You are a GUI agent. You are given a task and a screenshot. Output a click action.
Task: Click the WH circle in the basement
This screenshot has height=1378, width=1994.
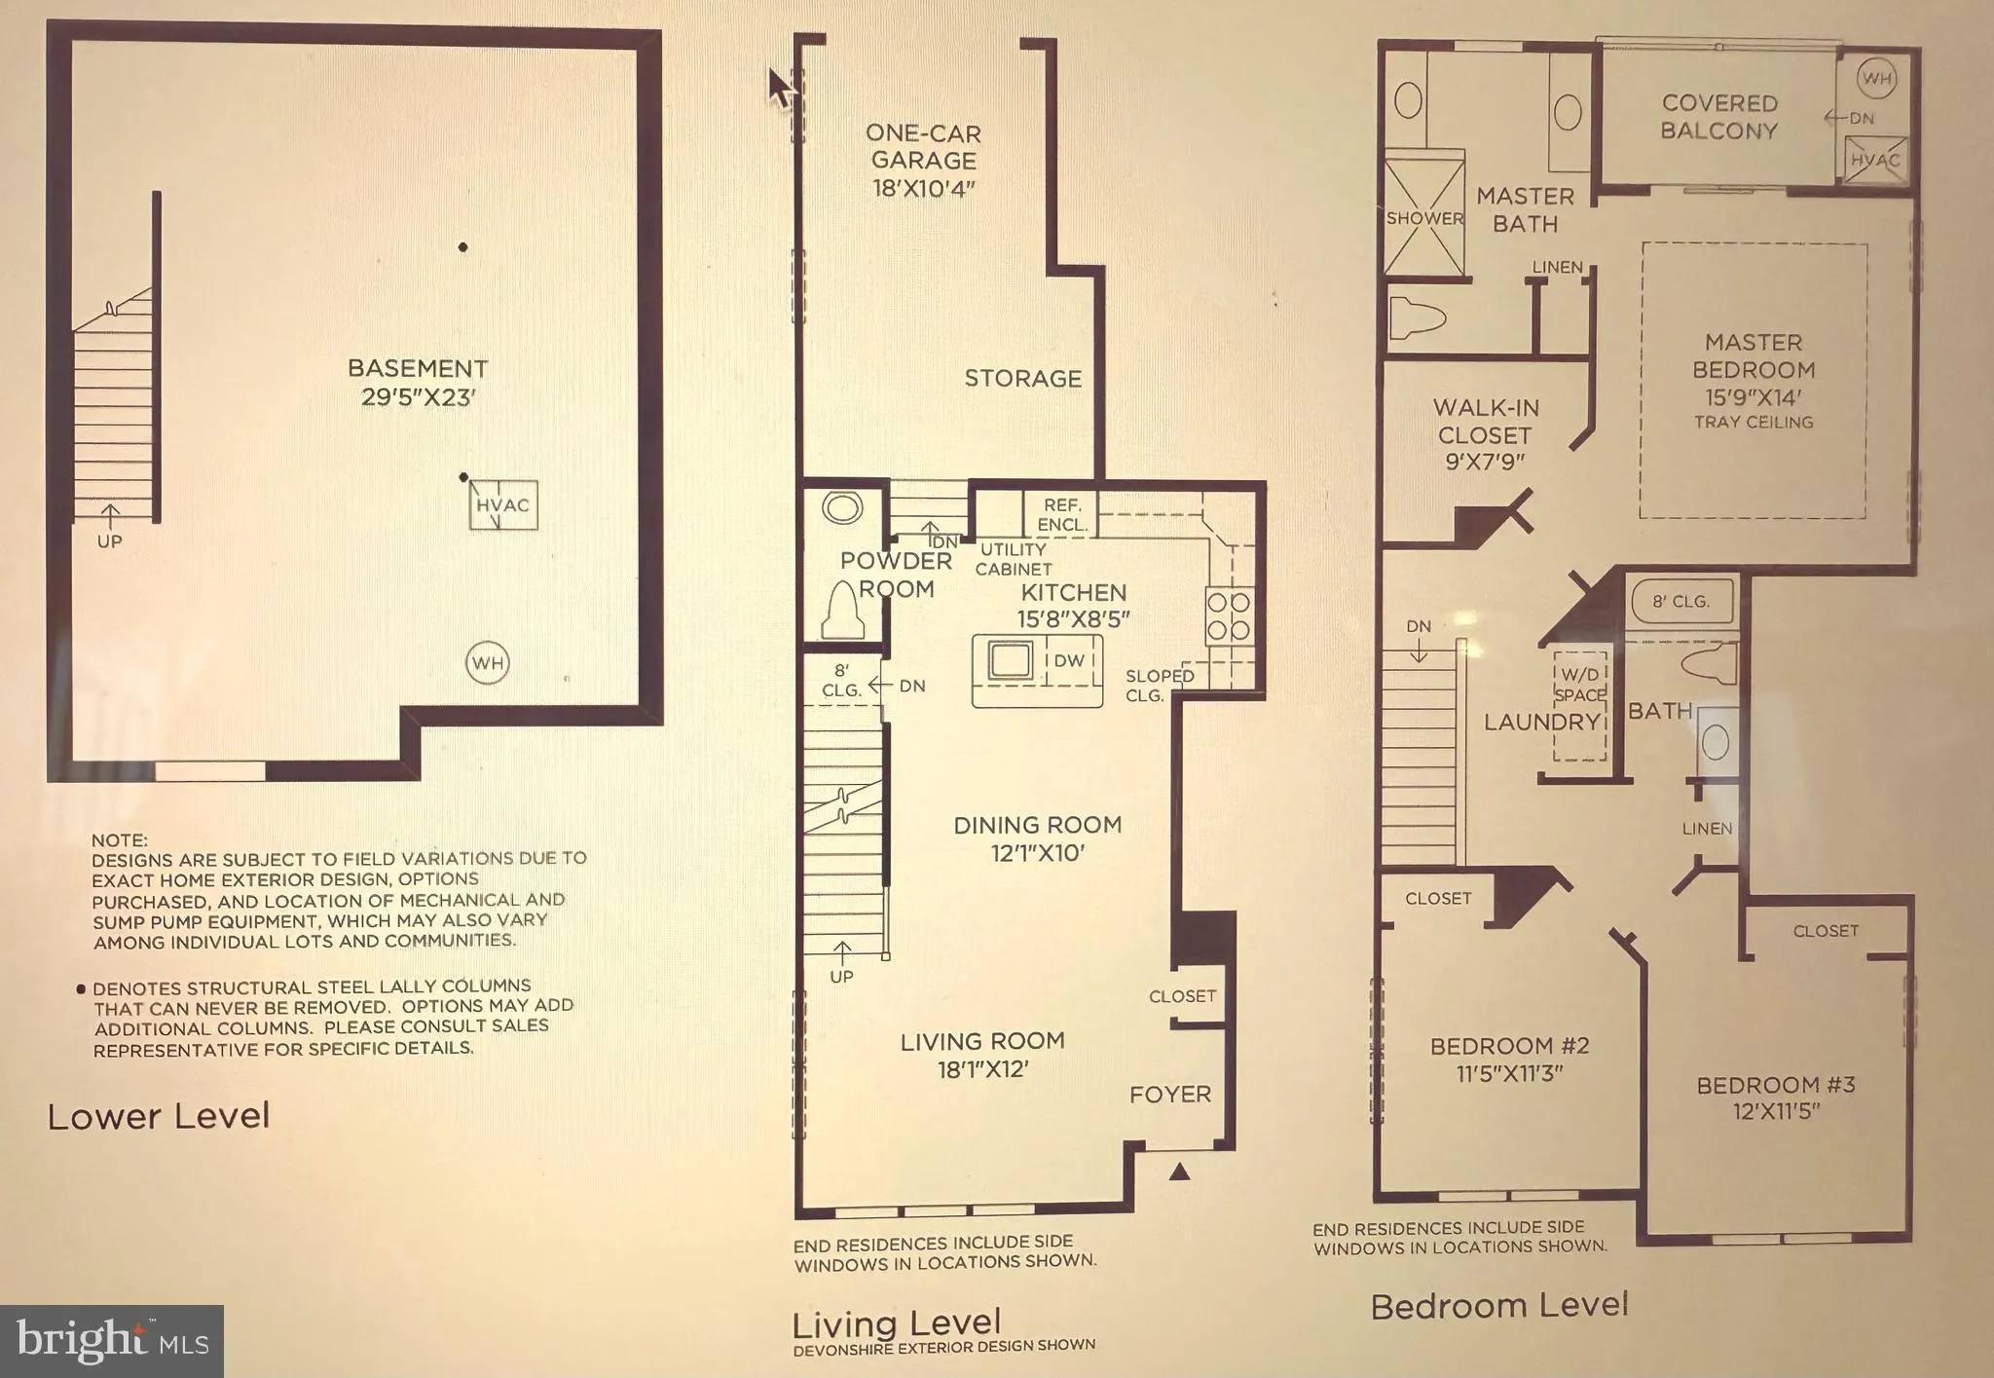tap(488, 663)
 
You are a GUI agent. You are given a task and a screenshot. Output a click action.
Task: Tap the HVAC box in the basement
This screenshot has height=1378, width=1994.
tap(502, 505)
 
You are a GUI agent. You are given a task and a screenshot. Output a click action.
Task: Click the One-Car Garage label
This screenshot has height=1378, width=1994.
tap(923, 147)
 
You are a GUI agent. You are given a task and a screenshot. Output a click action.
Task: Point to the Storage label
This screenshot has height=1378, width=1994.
tap(1022, 379)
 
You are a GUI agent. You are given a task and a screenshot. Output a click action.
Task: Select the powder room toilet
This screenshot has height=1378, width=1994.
tap(844, 612)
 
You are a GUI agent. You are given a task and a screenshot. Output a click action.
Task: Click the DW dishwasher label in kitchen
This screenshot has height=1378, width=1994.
tap(1069, 660)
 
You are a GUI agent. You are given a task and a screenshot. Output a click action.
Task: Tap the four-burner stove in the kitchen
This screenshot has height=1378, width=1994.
tap(1229, 615)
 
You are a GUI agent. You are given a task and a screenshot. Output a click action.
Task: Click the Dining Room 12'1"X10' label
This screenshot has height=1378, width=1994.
tap(1037, 838)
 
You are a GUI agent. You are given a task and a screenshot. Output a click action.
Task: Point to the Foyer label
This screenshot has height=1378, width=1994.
tap(1170, 1095)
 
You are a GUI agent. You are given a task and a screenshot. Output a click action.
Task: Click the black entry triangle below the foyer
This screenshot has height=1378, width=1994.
tap(1179, 1172)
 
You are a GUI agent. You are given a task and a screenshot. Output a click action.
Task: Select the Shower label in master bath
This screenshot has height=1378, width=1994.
tap(1424, 218)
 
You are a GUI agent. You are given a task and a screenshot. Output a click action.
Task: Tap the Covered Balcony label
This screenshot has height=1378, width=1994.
tap(1719, 117)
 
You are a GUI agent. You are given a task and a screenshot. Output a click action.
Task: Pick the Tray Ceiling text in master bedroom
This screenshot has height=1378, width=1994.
tap(1754, 422)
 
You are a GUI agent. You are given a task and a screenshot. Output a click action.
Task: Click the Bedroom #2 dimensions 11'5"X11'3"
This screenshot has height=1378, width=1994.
tap(1509, 1073)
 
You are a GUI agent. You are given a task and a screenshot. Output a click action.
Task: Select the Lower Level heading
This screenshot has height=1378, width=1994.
tap(159, 1116)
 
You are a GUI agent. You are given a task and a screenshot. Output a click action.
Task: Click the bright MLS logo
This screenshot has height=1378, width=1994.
tap(111, 1341)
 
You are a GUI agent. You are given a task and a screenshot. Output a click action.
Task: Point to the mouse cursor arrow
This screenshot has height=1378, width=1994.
tap(780, 86)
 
